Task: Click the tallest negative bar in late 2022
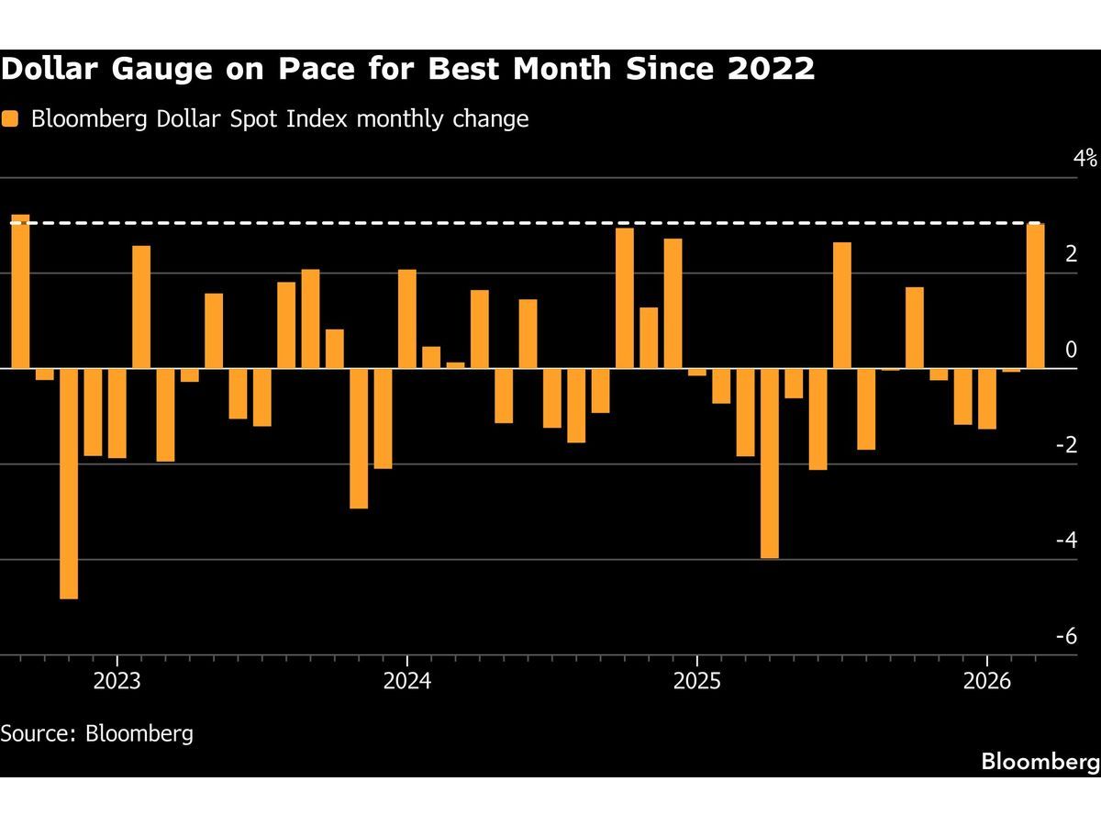(69, 484)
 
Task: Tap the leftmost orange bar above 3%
(20, 292)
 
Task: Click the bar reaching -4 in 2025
(770, 463)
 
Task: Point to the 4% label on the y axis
(1085, 158)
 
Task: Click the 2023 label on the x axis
(117, 681)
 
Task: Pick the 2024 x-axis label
(406, 681)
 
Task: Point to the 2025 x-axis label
(696, 681)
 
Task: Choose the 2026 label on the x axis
(986, 681)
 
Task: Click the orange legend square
(10, 119)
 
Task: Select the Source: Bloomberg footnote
(97, 733)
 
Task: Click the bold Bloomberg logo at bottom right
(1040, 761)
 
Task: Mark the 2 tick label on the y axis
(1091, 254)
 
